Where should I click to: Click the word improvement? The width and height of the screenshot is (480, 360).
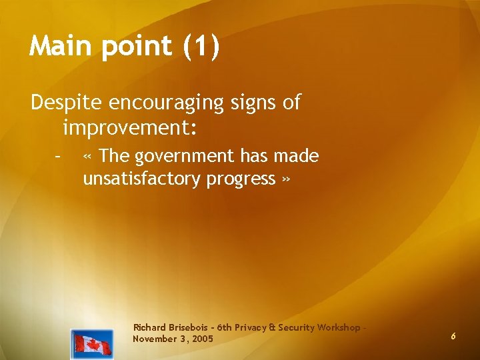[126, 127]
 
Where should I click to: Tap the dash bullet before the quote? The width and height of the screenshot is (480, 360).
[59, 157]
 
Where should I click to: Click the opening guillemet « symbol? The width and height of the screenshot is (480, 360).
[88, 157]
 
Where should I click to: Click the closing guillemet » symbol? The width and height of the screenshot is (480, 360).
[286, 179]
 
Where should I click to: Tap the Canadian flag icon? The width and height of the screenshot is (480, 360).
[92, 344]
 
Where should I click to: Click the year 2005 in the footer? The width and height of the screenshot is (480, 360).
[202, 339]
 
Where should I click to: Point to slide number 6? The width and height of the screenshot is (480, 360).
[453, 337]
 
